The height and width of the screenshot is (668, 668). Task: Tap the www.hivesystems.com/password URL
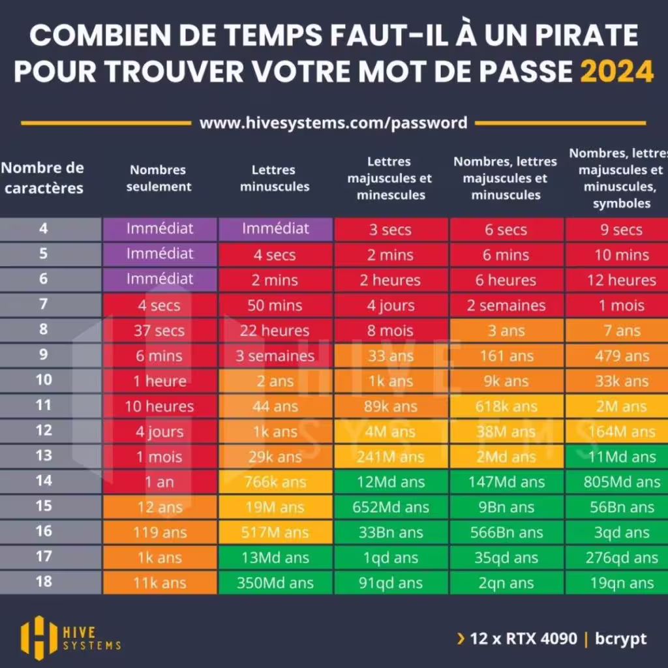click(x=333, y=123)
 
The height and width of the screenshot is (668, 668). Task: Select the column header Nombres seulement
click(x=159, y=178)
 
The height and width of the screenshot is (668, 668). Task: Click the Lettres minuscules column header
click(x=275, y=178)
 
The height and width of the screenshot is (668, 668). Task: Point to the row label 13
click(x=44, y=455)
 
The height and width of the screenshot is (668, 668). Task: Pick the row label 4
click(x=44, y=228)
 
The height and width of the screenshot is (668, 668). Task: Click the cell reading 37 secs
click(x=160, y=331)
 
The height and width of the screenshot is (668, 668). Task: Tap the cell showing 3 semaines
click(x=275, y=356)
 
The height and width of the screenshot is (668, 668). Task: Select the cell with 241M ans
click(x=390, y=457)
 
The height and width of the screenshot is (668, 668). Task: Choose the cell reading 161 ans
click(x=506, y=356)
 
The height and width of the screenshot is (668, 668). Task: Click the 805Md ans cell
click(x=622, y=483)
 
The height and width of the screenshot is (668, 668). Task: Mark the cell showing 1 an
click(x=160, y=483)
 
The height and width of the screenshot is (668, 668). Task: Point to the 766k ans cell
click(x=275, y=483)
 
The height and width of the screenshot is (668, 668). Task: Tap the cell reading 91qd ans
click(x=390, y=583)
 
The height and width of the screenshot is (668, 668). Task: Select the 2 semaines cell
click(x=506, y=305)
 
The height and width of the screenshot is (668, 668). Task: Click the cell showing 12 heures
click(x=622, y=281)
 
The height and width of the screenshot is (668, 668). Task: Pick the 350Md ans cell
click(x=275, y=583)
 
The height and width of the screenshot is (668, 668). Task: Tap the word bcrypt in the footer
click(x=620, y=638)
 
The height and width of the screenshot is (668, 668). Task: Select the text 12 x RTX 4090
click(x=524, y=638)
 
